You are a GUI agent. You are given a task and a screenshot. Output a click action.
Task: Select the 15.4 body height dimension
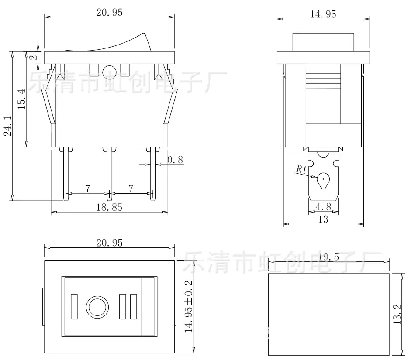click(x=22, y=99)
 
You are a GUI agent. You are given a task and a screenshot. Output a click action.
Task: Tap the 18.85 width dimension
click(x=109, y=207)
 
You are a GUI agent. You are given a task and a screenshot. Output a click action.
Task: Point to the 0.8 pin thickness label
click(x=175, y=160)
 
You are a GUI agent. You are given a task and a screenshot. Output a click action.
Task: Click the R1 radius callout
click(x=301, y=169)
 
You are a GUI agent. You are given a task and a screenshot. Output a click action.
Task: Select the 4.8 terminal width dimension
click(x=323, y=207)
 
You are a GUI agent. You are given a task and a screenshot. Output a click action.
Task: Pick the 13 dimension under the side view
click(x=323, y=219)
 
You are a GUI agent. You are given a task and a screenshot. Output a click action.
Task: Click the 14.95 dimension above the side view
click(x=323, y=14)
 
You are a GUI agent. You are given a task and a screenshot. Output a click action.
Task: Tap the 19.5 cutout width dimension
click(x=329, y=257)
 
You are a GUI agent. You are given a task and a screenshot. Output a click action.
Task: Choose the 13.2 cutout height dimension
click(x=397, y=314)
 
